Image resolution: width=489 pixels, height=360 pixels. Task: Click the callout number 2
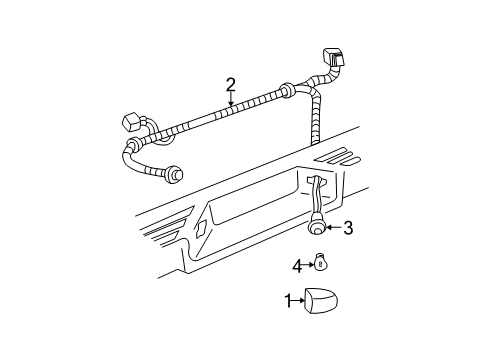(231, 85)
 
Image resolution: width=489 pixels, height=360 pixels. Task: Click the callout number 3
(347, 229)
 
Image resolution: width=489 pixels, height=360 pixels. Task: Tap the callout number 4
(297, 265)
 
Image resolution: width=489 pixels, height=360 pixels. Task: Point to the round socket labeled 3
(317, 228)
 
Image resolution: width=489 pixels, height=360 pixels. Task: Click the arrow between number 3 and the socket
(333, 229)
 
